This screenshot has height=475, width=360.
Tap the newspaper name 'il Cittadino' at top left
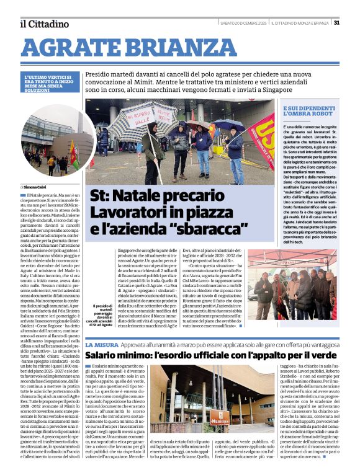[x=43, y=24]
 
